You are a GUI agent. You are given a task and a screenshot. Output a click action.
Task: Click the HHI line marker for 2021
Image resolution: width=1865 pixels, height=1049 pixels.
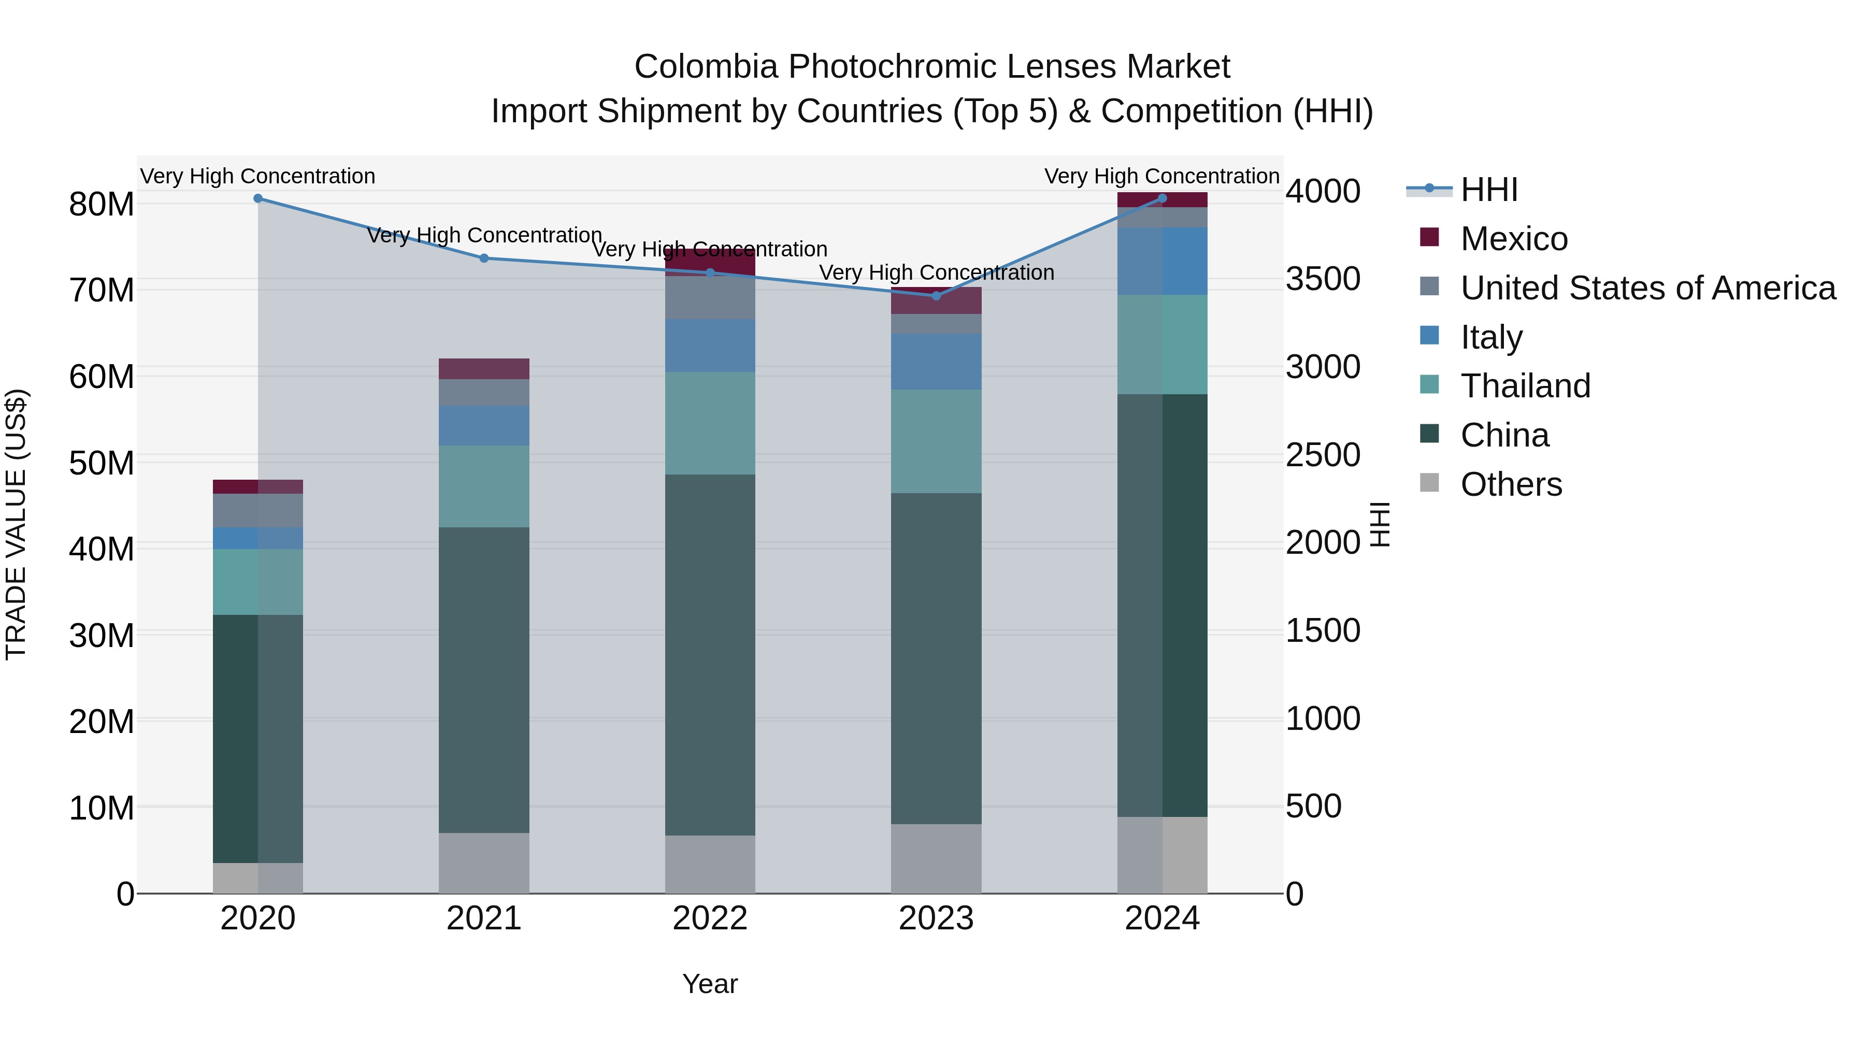tap(484, 258)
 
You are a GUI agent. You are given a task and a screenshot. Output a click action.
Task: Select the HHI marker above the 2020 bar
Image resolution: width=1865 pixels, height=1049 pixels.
tap(258, 198)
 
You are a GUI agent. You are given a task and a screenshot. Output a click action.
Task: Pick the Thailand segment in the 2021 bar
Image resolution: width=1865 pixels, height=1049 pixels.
tap(484, 486)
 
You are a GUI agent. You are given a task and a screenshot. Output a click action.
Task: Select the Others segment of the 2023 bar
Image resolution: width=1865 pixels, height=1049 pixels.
tap(936, 858)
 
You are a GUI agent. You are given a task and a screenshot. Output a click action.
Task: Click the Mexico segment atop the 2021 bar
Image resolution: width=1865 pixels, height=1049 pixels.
tap(484, 368)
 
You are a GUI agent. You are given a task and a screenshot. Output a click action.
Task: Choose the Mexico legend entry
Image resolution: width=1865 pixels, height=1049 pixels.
tap(1513, 239)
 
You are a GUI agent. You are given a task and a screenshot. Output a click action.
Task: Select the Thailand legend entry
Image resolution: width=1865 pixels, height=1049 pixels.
tap(1525, 386)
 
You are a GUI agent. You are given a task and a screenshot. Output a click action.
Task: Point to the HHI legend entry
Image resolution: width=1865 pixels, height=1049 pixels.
tap(1488, 190)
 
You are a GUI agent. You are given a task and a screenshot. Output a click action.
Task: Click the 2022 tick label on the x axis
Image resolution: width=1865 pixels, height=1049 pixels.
tap(710, 918)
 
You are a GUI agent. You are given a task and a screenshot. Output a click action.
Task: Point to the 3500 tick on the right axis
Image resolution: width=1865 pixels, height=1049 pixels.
tap(1323, 279)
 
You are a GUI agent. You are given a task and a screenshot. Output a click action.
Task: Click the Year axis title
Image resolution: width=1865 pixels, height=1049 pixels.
tap(710, 984)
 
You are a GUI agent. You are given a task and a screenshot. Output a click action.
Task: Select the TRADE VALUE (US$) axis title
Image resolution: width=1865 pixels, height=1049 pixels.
tap(17, 524)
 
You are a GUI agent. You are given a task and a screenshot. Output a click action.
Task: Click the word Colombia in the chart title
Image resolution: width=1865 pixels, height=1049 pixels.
tap(706, 67)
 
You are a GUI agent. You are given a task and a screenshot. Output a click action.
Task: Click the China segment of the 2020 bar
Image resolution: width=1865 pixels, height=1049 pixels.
tap(258, 738)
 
